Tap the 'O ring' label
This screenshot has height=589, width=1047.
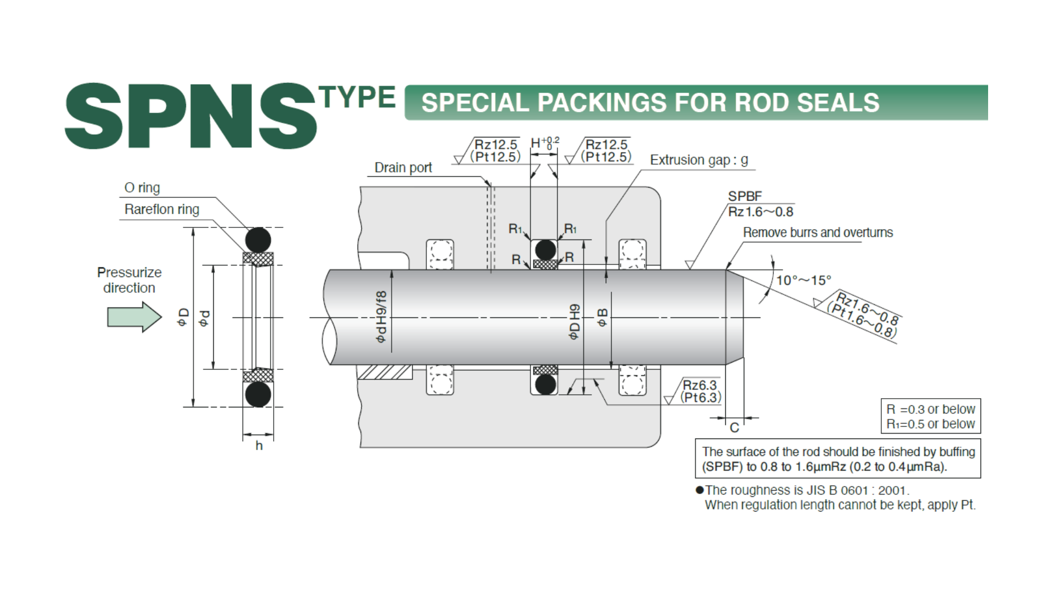click(x=142, y=188)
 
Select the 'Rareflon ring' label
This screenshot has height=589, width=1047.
click(x=162, y=209)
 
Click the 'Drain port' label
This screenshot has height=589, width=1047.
click(x=403, y=167)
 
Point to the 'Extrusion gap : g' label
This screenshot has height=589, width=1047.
click(x=699, y=160)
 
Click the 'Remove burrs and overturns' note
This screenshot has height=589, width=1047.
click(x=818, y=232)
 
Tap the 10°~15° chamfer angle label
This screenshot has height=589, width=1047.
click(x=803, y=280)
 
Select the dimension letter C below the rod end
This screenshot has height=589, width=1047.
click(x=734, y=428)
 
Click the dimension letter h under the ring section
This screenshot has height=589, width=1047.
click(x=259, y=446)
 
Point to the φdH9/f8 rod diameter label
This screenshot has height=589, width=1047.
click(x=381, y=317)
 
